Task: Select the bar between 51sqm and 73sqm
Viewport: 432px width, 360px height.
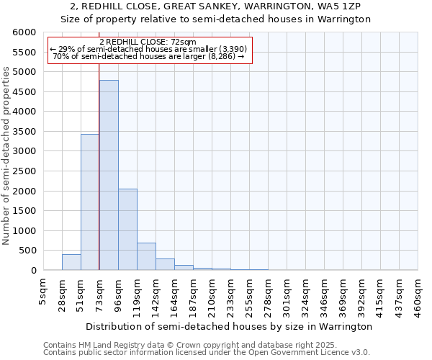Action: pos(90,202)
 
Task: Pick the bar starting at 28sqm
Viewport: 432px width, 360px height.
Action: pos(71,262)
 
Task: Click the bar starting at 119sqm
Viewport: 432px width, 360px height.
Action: pos(146,256)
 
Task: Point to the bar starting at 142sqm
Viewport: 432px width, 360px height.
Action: pos(165,264)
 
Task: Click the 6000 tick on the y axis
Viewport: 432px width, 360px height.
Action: pos(24,32)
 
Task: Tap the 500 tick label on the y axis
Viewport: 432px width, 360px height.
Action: pos(27,251)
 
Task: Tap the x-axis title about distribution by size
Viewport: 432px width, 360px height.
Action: pos(229,326)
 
